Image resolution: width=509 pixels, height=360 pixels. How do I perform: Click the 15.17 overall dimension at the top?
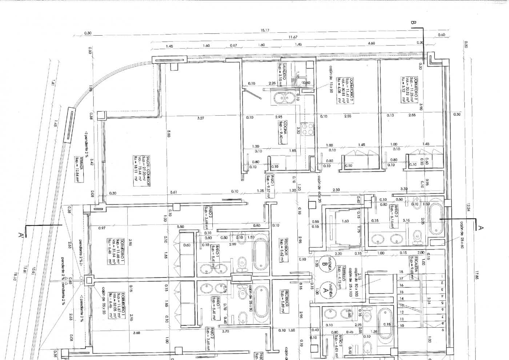pyautogui.click(x=265, y=31)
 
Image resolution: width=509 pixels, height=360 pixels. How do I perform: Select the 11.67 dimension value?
pyautogui.click(x=293, y=37)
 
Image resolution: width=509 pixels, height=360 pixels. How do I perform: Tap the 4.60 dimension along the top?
pyautogui.click(x=371, y=43)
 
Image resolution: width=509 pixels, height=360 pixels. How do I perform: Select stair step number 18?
pyautogui.click(x=401, y=272)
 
